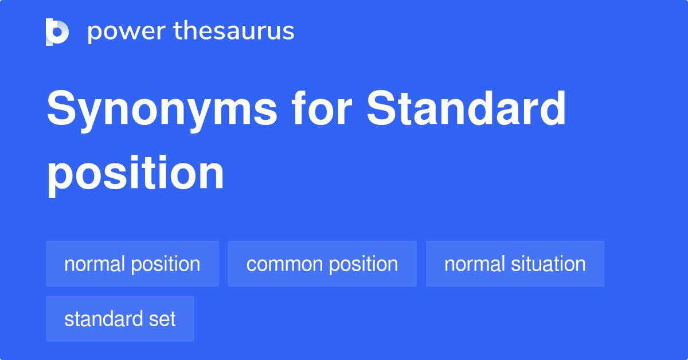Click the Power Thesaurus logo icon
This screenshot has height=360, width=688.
[57, 32]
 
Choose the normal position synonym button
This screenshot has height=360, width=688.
[132, 264]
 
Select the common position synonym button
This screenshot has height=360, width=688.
[322, 264]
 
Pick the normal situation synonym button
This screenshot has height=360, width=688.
[515, 264]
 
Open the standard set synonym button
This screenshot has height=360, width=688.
[120, 319]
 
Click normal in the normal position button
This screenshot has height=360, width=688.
[94, 264]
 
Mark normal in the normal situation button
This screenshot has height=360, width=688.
[474, 264]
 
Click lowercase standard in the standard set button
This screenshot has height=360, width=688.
[103, 319]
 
